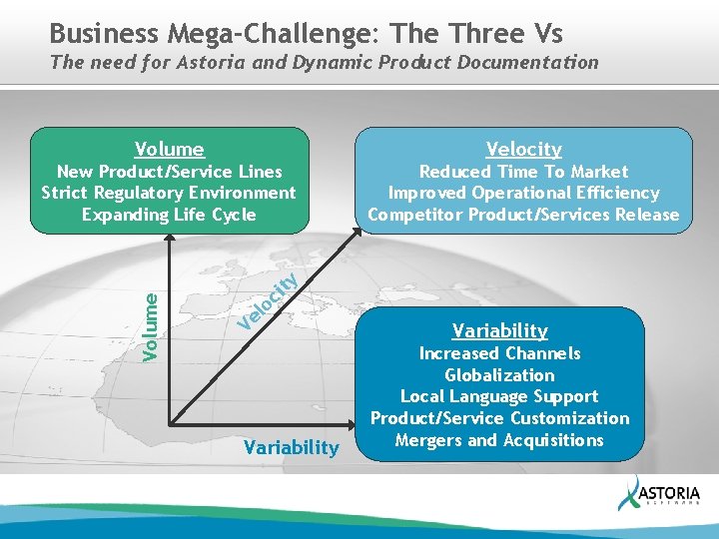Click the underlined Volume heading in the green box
coord(169,150)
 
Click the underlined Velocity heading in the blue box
coord(523,150)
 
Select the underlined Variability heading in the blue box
coord(499,330)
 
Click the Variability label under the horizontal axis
coord(291,447)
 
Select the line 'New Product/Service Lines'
coord(169,172)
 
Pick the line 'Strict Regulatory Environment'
coord(169,193)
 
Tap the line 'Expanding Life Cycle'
coord(169,215)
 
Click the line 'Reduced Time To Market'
coord(523,172)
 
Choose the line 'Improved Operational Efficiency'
coord(523,193)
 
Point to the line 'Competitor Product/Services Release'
coord(523,215)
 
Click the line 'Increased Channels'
coord(499,353)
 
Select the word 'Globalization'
coord(499,375)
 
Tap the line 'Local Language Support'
coord(499,396)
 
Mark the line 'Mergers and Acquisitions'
coord(499,440)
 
